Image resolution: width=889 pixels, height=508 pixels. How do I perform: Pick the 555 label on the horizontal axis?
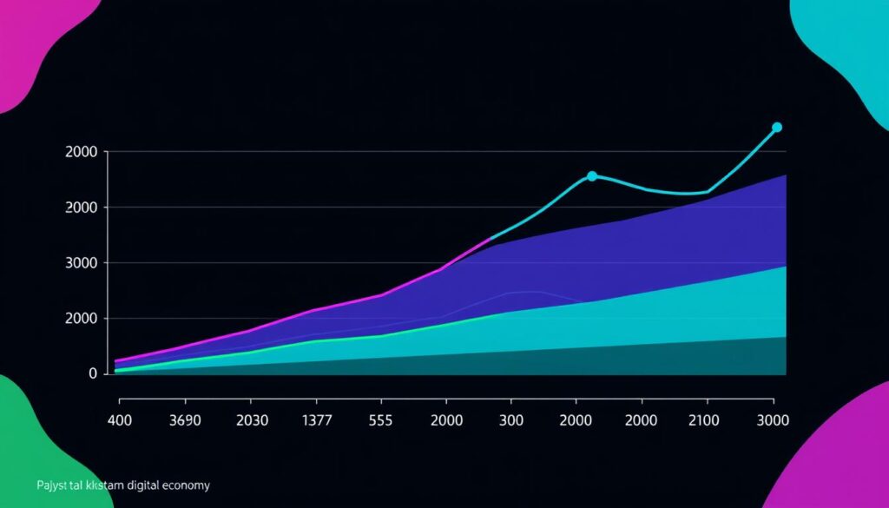tap(380, 420)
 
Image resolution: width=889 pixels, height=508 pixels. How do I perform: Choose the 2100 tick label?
tap(707, 420)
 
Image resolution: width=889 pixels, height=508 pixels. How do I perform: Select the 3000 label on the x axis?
tap(773, 420)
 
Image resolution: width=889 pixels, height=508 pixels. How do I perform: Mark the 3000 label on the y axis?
tap(87, 263)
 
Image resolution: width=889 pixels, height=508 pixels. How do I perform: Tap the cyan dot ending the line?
tap(777, 128)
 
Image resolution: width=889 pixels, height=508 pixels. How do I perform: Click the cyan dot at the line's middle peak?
tap(592, 176)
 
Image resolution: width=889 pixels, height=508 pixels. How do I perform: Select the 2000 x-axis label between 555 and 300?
tap(445, 420)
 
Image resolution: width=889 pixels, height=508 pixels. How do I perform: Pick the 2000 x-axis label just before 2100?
tap(642, 420)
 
